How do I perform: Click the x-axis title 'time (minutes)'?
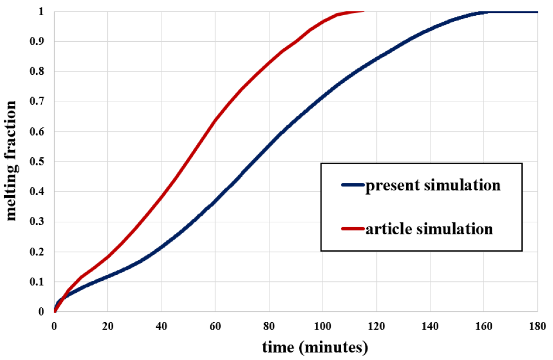click(x=315, y=346)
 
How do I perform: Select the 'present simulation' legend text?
click(x=432, y=185)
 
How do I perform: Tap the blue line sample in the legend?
click(x=352, y=185)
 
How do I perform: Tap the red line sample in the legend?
click(x=352, y=229)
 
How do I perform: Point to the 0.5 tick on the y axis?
click(x=40, y=162)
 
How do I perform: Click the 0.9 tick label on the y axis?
click(x=40, y=41)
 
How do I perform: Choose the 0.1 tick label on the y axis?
click(x=40, y=282)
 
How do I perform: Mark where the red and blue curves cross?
click(x=63, y=297)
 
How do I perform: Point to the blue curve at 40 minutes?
click(x=162, y=247)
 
